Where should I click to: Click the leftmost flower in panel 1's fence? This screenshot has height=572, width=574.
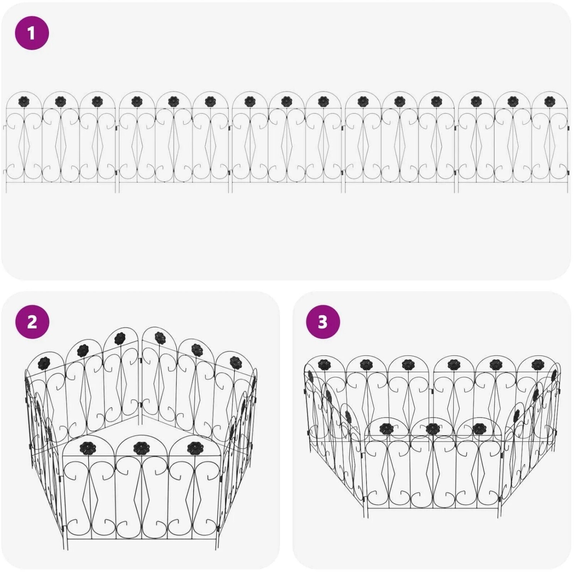click(24, 101)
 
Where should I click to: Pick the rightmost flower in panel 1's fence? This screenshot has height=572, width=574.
click(549, 101)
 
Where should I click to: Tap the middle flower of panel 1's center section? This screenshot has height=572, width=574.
click(286, 101)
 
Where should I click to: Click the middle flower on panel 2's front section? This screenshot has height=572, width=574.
click(140, 448)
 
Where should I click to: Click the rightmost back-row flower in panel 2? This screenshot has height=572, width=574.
click(235, 362)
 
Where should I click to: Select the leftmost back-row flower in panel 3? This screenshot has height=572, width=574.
click(324, 364)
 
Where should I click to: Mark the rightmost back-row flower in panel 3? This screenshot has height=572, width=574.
click(537, 364)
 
